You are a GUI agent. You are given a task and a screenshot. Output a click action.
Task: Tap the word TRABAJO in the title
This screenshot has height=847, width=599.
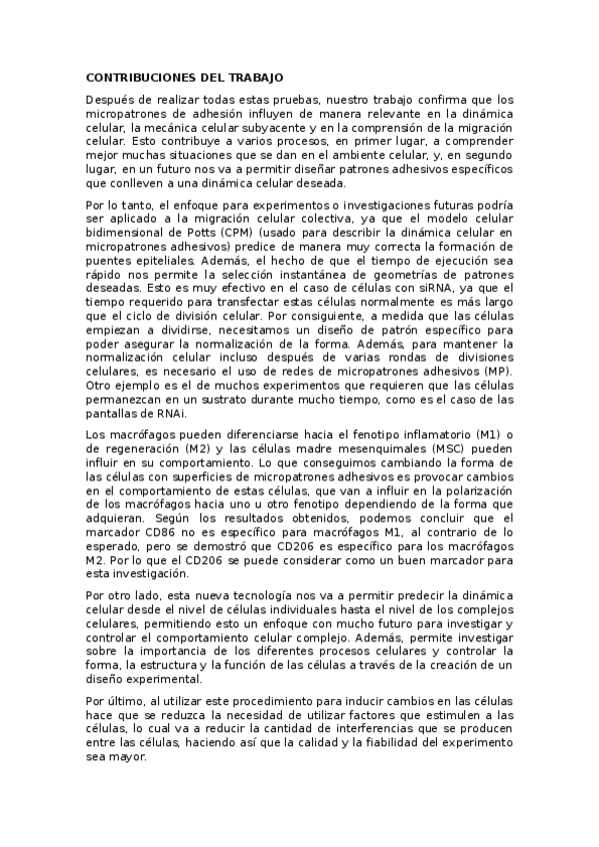[257, 77]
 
